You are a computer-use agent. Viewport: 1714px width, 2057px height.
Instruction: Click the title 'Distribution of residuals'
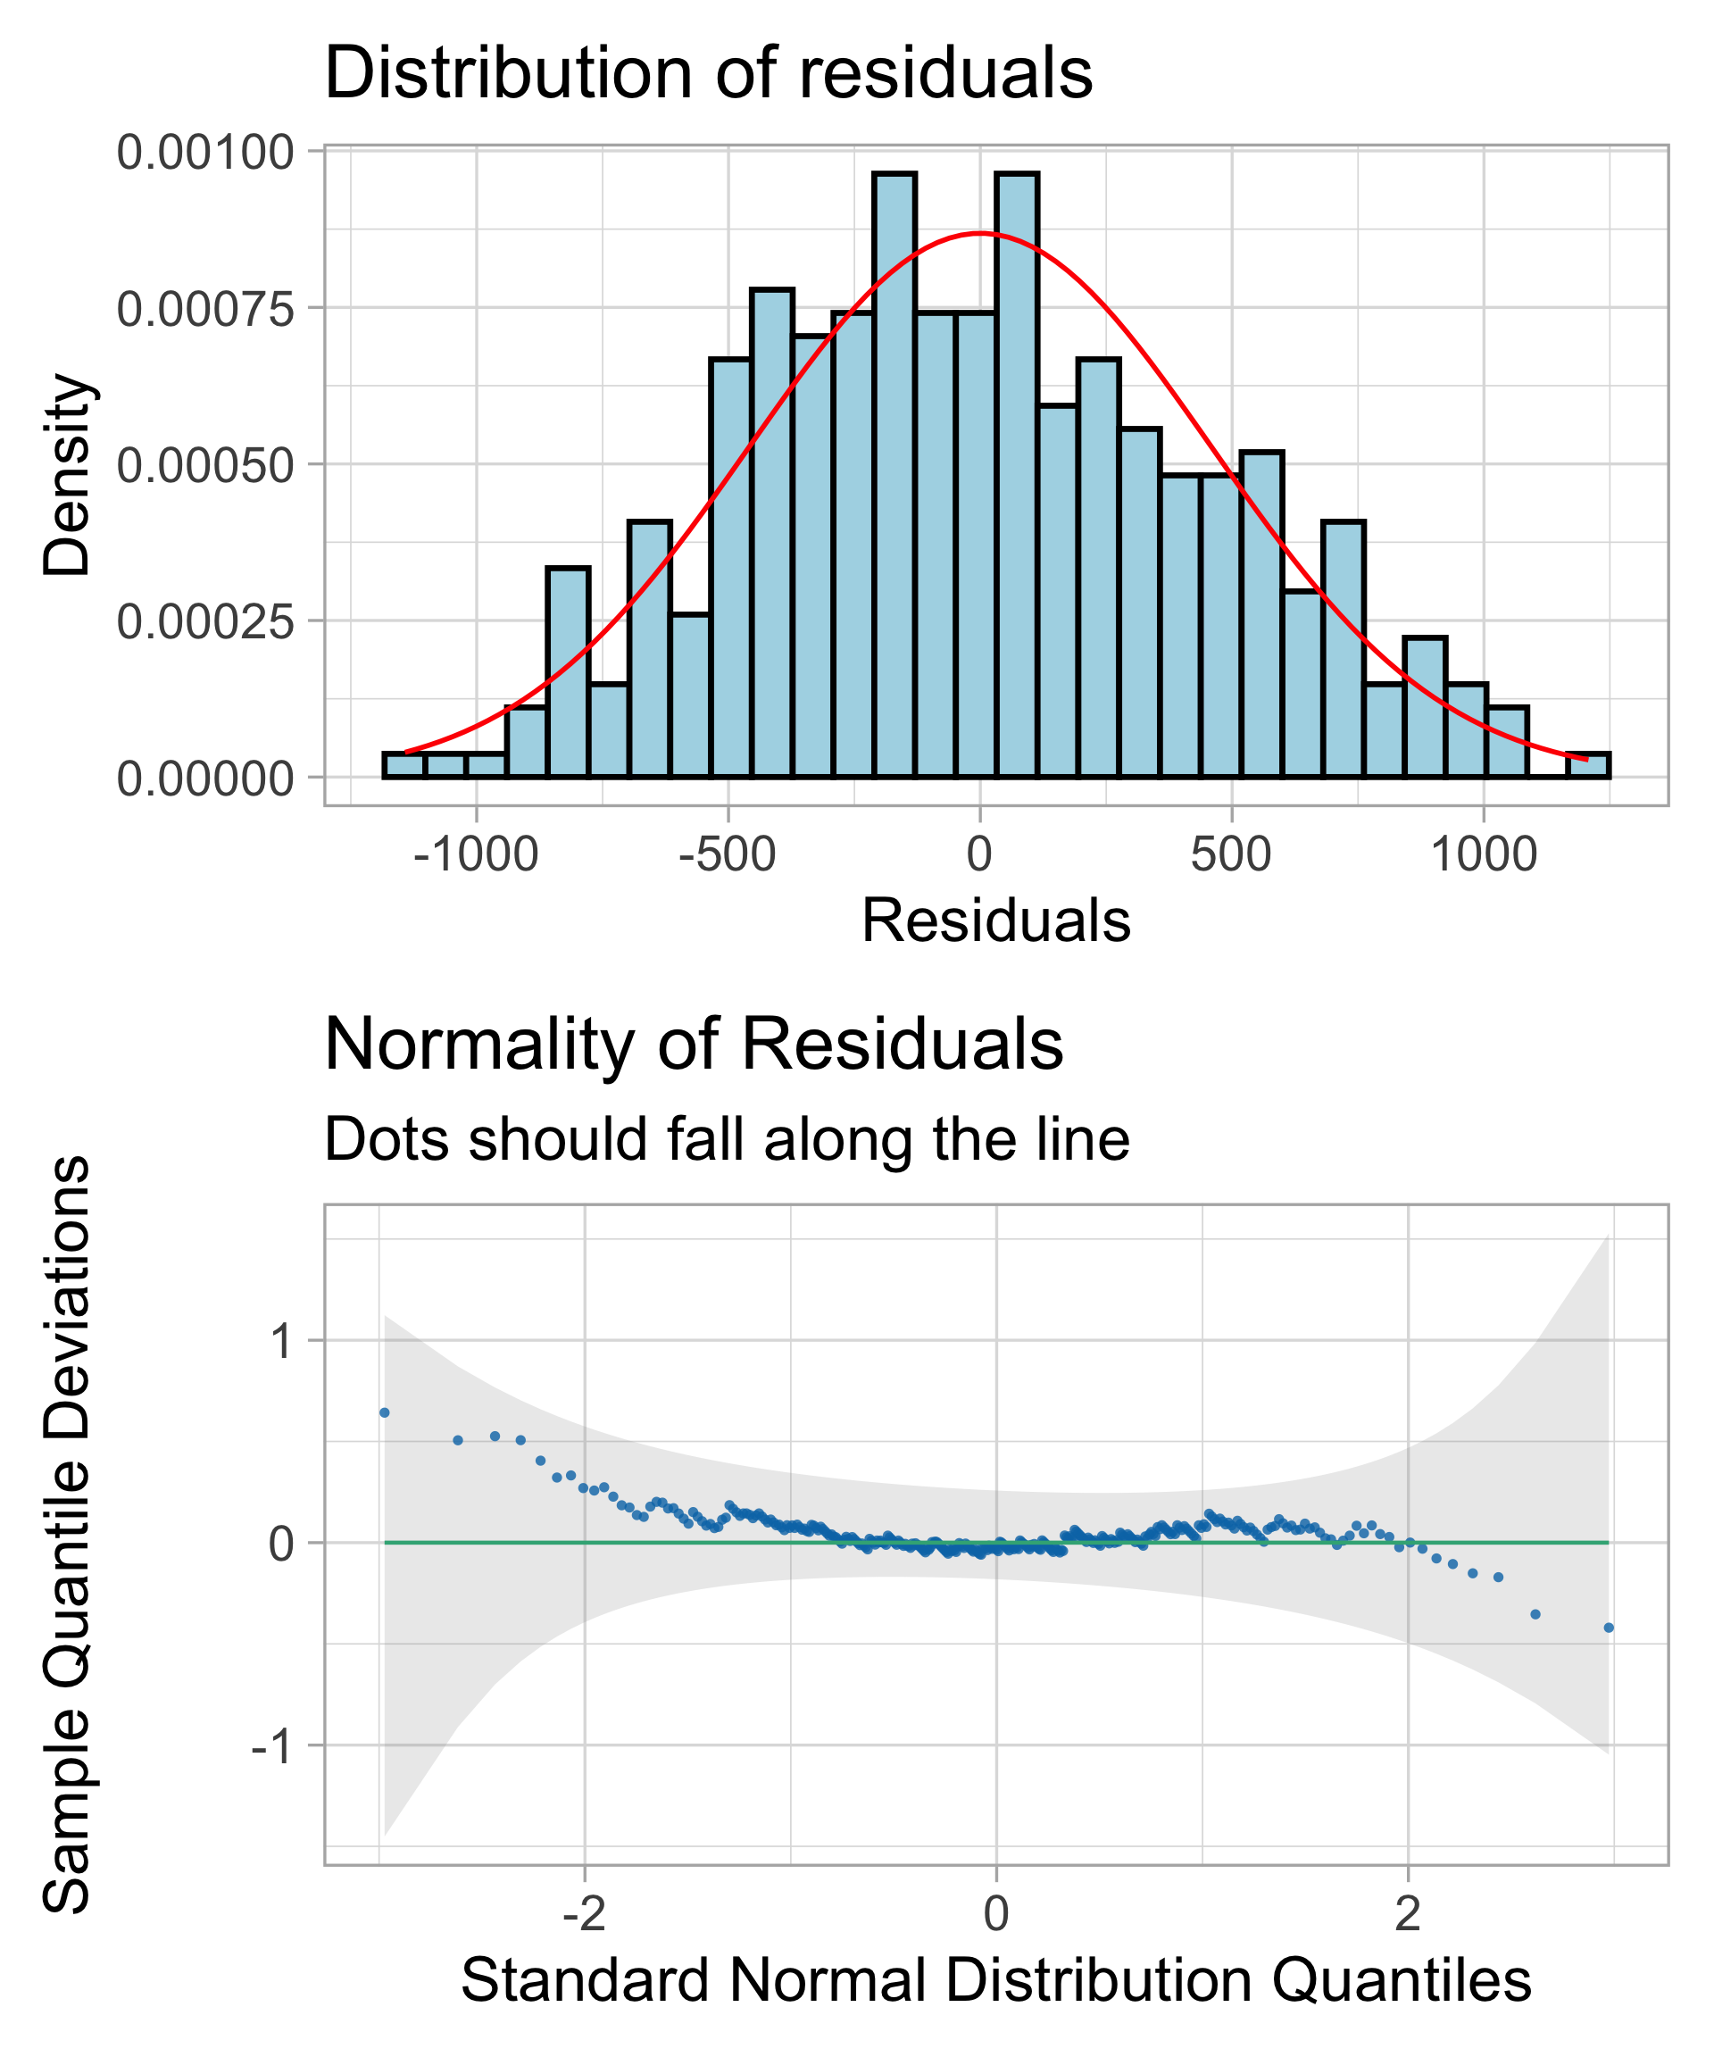[x=707, y=73]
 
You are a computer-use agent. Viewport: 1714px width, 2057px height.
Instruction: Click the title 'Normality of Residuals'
[x=693, y=1045]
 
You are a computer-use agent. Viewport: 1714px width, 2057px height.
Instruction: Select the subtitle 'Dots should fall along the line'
[x=726, y=1139]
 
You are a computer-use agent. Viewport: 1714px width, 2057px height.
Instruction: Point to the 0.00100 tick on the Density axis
[x=204, y=152]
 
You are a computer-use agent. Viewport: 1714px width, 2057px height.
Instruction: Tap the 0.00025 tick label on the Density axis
[x=204, y=622]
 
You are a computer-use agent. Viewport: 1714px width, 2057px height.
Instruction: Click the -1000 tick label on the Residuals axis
[x=476, y=855]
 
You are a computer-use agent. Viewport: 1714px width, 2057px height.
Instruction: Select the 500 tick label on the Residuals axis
[x=1230, y=855]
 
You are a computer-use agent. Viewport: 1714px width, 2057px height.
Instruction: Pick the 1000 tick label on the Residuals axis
[x=1483, y=855]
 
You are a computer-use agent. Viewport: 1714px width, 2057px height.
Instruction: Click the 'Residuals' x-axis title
[x=995, y=921]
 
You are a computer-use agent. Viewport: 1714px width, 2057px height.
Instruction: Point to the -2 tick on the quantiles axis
[x=584, y=1914]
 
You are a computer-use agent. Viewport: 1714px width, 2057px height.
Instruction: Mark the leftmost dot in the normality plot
[x=385, y=1412]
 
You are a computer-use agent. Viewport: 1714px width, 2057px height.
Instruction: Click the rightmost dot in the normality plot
[x=1609, y=1628]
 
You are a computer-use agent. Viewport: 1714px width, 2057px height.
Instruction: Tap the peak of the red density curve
[x=979, y=233]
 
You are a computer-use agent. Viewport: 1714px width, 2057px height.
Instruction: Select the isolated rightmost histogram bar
[x=1587, y=765]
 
